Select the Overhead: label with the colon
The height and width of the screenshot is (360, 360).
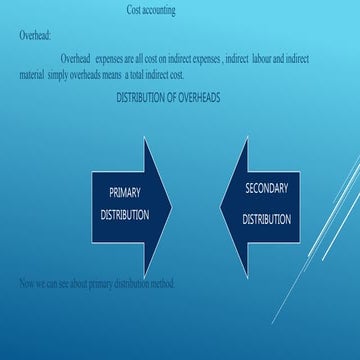coord(35,35)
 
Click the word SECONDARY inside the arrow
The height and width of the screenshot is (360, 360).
coord(267,188)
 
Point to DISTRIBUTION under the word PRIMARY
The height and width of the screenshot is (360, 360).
coord(125,214)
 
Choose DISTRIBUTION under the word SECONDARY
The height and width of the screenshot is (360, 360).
coord(267,219)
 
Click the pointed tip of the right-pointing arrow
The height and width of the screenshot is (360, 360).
coord(171,206)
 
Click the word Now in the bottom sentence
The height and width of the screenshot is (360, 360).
coord(28,284)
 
